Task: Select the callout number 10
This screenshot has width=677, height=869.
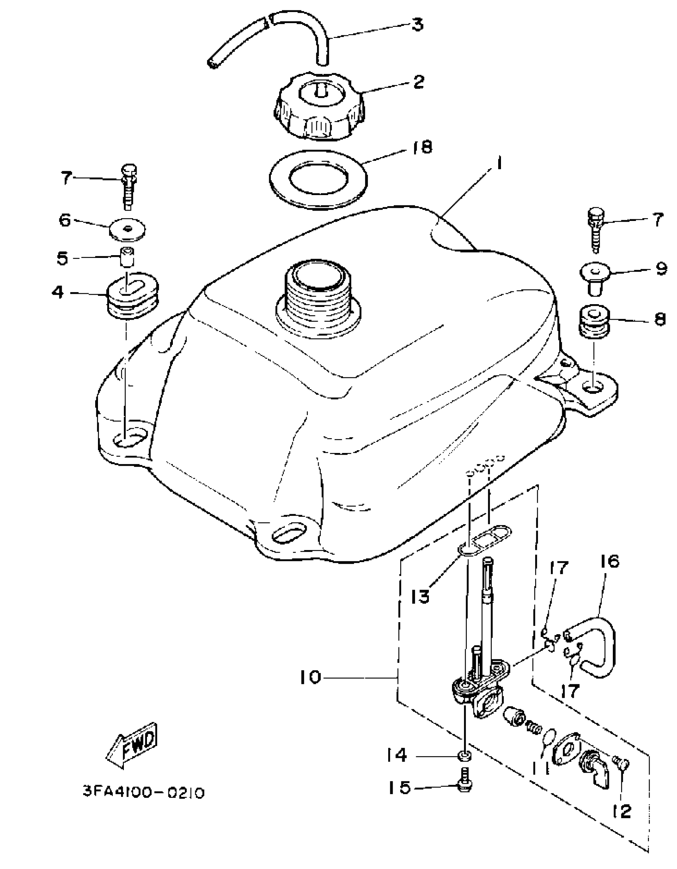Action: coord(310,677)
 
